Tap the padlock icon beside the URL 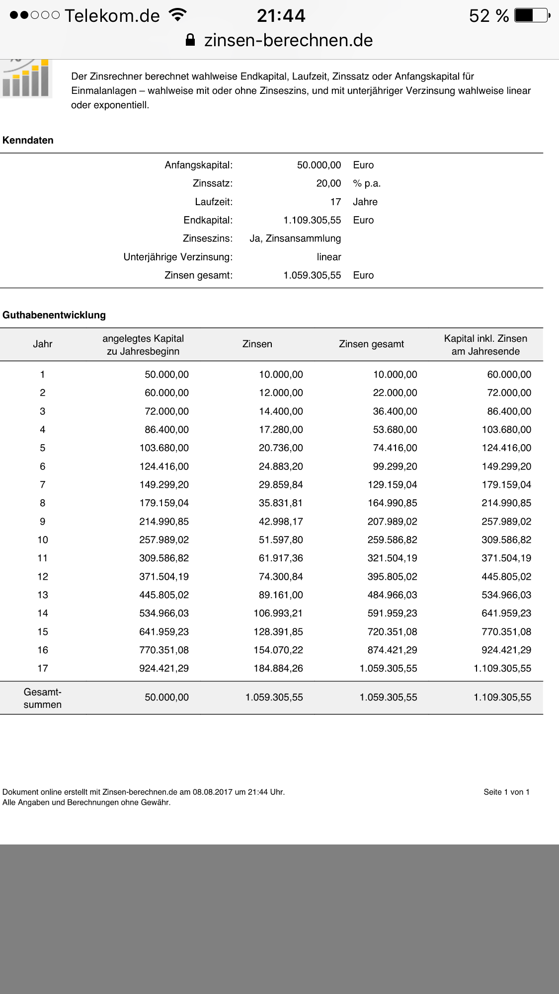click(190, 40)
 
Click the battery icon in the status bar click(532, 15)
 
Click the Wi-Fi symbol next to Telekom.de click(177, 14)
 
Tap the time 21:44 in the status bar click(281, 16)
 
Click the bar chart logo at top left click(26, 78)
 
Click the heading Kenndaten click(28, 140)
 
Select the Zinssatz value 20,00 click(328, 183)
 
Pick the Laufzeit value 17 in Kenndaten click(335, 202)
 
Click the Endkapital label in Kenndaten click(208, 220)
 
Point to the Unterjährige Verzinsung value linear click(328, 257)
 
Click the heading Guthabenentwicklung click(54, 315)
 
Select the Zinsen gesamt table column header click(371, 344)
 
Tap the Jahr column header click(43, 344)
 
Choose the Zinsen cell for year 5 click(281, 448)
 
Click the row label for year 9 click(43, 522)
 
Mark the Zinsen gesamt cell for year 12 click(392, 577)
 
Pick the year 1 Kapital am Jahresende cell click(509, 375)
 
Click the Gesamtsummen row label click(43, 698)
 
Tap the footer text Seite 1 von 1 click(506, 792)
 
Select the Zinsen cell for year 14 click(278, 613)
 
